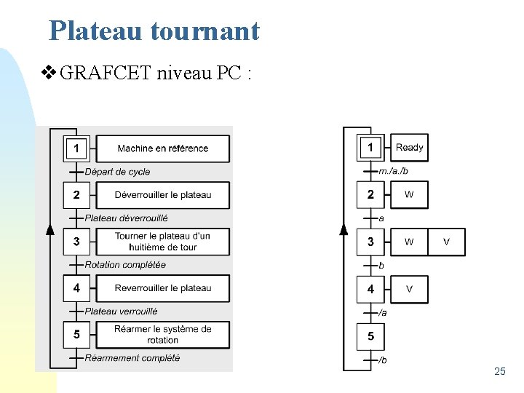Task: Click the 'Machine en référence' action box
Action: click(x=162, y=148)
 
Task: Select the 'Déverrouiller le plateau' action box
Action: click(x=162, y=195)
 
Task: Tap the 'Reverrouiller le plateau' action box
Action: click(x=162, y=288)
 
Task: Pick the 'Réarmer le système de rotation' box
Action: click(x=162, y=335)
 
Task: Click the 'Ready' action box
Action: click(x=409, y=148)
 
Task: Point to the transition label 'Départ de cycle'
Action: click(x=117, y=172)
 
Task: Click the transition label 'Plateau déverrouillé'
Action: click(x=126, y=218)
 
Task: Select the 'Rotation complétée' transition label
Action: click(x=125, y=265)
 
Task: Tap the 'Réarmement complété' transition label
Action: click(x=132, y=358)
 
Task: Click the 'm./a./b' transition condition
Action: click(x=394, y=171)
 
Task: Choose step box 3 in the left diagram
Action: click(x=76, y=242)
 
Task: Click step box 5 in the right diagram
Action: click(x=370, y=336)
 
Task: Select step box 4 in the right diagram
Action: click(x=370, y=289)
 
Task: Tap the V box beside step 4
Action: click(x=409, y=289)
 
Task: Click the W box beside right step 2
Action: click(x=409, y=194)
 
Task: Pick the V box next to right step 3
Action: click(x=446, y=242)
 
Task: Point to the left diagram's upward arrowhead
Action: click(x=49, y=230)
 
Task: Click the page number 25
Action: click(x=499, y=372)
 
